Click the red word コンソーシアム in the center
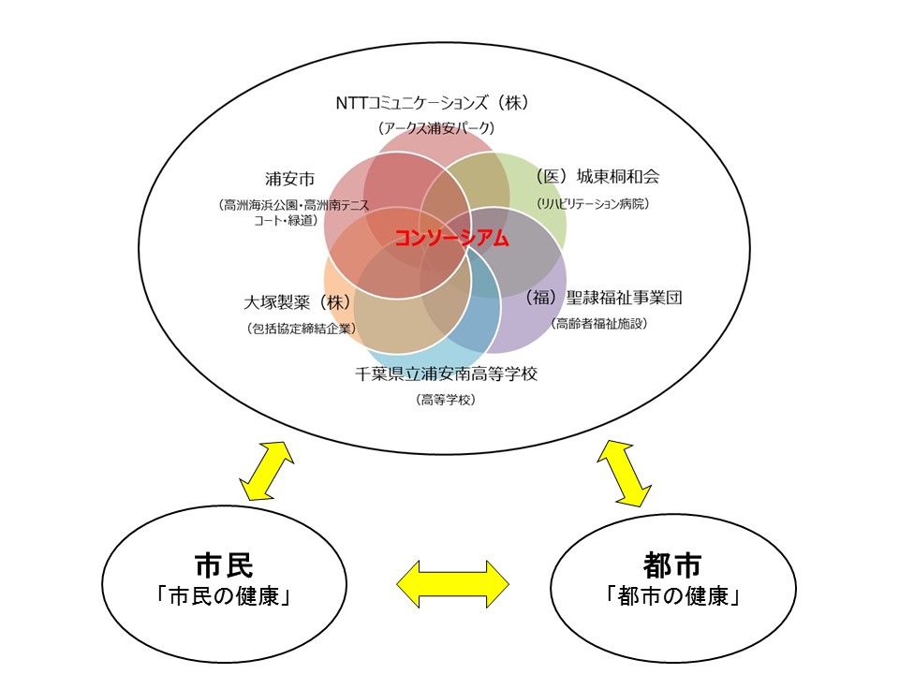451,237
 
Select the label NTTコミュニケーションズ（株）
432,103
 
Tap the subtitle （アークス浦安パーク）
435,128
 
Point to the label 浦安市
289,179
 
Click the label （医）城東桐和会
597,177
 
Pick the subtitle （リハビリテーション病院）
593,203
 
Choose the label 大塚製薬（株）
297,302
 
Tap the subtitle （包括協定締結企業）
302,329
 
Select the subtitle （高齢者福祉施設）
599,323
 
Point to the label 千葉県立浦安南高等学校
446,374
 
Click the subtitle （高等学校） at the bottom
446,400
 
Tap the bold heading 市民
224,565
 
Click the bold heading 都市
672,565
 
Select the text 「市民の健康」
224,596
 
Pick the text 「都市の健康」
673,596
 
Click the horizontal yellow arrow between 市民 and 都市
453,584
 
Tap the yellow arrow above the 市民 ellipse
267,471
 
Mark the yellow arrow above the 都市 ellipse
624,474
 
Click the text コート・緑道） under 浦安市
286,220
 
